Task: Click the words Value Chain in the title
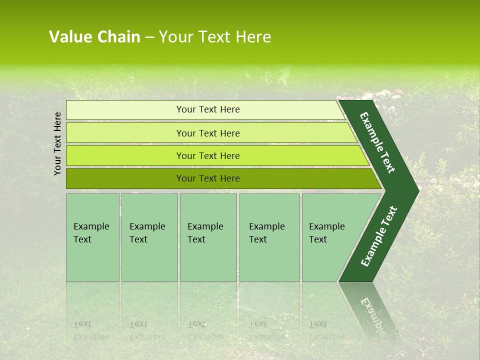[x=94, y=37]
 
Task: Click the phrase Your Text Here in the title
[x=215, y=37]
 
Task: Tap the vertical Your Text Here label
[x=57, y=143]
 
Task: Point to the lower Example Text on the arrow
[x=378, y=236]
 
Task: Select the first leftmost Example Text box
[x=92, y=237]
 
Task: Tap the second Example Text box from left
[x=149, y=237]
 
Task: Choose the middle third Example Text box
[x=208, y=237]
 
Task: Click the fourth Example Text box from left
[x=269, y=237]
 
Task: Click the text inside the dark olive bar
[x=208, y=178]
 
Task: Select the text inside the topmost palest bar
[x=208, y=109]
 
